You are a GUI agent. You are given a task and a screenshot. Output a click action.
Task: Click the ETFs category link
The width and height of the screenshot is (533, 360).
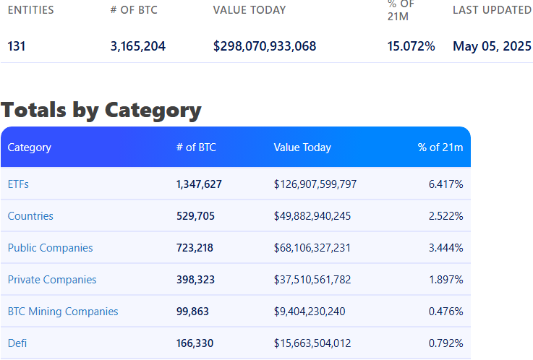pos(18,184)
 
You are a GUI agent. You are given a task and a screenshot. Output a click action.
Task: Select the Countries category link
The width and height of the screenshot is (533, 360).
pos(30,216)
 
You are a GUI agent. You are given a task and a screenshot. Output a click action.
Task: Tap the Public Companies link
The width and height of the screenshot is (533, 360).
pos(50,248)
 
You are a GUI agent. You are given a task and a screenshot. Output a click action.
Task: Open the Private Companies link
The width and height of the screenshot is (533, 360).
pos(52,280)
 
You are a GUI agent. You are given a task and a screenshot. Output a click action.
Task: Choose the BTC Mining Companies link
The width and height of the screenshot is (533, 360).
pos(63,312)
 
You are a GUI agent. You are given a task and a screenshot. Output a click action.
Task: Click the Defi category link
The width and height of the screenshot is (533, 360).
pos(18,343)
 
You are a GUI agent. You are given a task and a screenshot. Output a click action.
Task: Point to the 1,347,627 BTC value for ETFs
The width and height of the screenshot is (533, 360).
pos(199,184)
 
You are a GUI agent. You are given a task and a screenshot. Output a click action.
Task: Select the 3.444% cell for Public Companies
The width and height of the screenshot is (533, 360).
pos(445,248)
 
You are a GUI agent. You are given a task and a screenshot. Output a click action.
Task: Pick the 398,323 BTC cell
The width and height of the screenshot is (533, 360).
pos(195,280)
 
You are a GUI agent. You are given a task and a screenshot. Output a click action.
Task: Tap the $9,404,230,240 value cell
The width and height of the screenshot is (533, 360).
pos(310,312)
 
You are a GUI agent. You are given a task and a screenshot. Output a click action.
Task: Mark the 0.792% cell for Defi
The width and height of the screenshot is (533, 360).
pos(445,343)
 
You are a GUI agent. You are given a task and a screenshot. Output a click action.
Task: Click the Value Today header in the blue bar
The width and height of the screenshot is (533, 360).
pos(302,147)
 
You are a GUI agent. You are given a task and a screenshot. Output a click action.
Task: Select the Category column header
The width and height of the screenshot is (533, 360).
pos(30,147)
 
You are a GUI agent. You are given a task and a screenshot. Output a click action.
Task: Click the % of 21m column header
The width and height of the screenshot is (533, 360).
pos(440,147)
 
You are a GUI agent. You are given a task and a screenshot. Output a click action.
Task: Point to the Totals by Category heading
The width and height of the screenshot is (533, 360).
pos(101,110)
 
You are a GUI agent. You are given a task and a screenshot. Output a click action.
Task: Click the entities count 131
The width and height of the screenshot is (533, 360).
pos(17,46)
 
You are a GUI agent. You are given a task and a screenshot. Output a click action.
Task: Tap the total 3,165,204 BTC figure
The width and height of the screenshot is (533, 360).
pos(138,46)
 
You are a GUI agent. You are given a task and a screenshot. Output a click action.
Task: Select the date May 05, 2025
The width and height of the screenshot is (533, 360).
pos(492,46)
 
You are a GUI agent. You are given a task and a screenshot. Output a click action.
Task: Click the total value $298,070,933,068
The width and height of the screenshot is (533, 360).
pos(265,46)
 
